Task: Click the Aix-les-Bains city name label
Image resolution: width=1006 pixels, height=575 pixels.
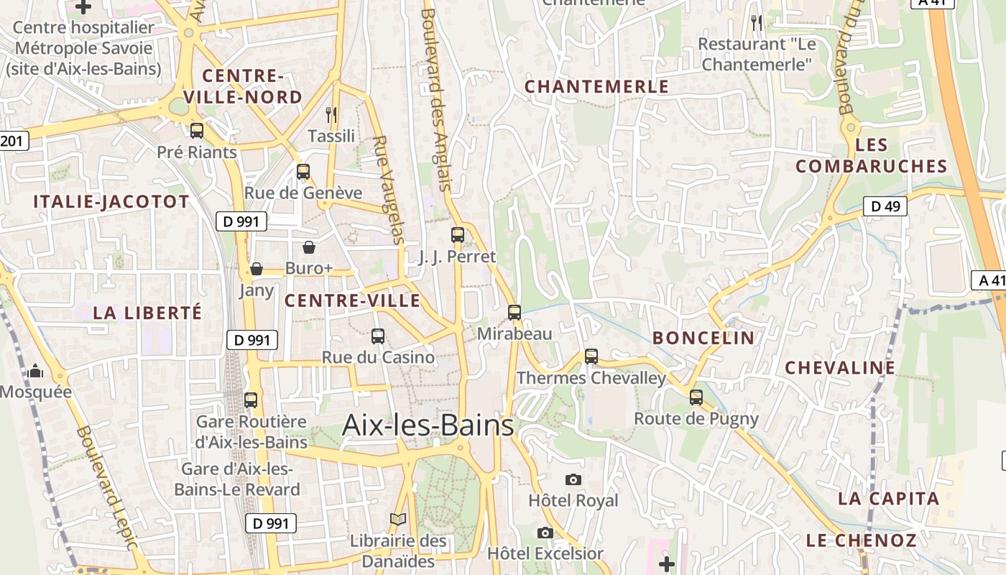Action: click(x=428, y=425)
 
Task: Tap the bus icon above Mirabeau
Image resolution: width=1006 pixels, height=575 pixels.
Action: click(x=514, y=313)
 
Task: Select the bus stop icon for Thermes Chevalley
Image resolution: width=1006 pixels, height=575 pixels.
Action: click(x=591, y=356)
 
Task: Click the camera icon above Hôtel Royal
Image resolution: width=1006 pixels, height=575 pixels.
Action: click(x=573, y=479)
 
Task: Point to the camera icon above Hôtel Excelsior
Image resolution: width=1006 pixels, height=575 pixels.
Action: click(x=545, y=533)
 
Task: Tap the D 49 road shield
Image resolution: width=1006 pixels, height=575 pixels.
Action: click(x=885, y=207)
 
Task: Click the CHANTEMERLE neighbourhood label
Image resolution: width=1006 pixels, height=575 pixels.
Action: click(x=596, y=87)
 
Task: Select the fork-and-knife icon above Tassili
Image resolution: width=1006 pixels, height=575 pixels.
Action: click(x=331, y=114)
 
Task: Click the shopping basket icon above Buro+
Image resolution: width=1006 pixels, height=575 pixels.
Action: click(x=309, y=247)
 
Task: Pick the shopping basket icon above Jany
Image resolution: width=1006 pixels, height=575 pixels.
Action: click(x=257, y=269)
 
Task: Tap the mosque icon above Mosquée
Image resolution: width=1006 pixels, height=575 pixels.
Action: click(x=35, y=371)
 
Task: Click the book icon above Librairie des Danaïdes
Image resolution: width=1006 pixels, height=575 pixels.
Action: click(x=398, y=519)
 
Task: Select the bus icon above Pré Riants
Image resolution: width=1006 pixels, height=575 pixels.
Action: click(x=196, y=131)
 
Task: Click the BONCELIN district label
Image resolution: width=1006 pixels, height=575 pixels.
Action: click(x=703, y=338)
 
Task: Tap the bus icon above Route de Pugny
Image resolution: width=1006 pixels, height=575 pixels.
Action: click(x=696, y=397)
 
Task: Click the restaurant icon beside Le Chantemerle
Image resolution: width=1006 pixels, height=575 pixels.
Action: click(x=756, y=23)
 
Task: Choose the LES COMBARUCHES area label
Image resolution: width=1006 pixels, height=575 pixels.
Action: click(x=871, y=156)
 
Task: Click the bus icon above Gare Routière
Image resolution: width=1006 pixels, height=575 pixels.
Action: click(x=251, y=400)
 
